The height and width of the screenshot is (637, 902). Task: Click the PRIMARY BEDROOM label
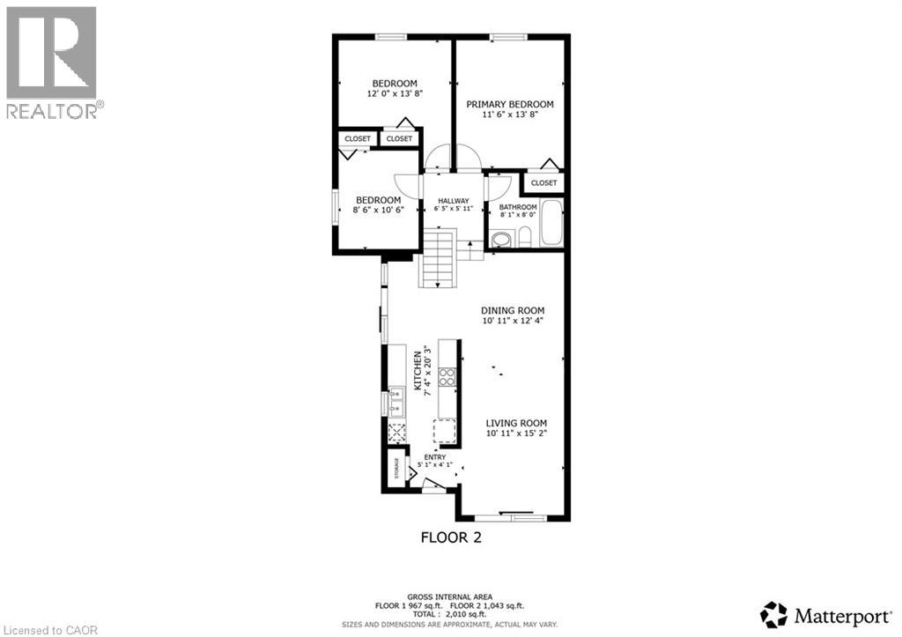pos(510,104)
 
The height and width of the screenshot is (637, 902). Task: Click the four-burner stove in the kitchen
pos(447,377)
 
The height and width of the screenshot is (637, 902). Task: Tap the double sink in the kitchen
pos(396,401)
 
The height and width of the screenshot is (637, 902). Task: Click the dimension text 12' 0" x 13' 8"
pos(393,93)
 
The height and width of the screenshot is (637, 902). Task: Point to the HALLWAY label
pos(454,201)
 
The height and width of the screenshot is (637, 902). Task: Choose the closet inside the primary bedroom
pos(543,182)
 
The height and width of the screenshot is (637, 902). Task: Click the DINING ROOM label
pos(513,310)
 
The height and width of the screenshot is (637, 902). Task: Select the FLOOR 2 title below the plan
pos(450,536)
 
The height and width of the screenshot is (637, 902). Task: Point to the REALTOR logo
pos(52,62)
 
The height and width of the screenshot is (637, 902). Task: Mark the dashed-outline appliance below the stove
pos(444,430)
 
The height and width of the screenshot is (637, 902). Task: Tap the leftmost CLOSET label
pos(358,138)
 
